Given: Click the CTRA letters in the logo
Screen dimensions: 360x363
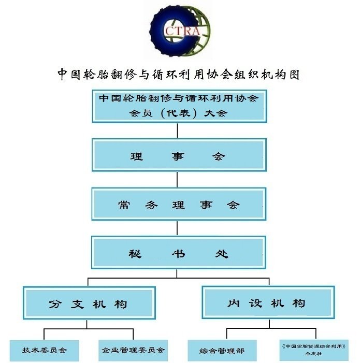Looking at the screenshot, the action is pos(182,31).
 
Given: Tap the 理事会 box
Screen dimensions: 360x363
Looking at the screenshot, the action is pos(179,155).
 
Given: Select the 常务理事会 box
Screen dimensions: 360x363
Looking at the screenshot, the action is pos(179,204).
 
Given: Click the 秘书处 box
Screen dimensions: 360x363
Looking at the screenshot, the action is pos(179,253).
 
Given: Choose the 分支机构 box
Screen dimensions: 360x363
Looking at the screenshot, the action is pos(89,303).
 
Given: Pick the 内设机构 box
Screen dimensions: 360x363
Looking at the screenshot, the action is pos(268,302).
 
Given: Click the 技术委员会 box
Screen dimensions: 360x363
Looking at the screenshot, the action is pos(44,350).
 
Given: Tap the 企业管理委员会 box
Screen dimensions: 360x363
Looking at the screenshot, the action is pos(133,350).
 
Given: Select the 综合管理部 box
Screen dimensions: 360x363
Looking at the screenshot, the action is pos(222,351).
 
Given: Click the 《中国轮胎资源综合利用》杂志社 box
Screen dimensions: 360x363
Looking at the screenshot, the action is pos(314,350).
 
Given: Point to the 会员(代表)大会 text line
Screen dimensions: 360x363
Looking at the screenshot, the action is pos(178,113).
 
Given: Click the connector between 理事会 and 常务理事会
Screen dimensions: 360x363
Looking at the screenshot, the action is pos(177,179).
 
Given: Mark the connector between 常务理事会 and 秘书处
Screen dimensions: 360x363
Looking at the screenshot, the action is pos(177,228).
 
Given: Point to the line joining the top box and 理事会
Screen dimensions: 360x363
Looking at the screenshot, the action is pos(177,130).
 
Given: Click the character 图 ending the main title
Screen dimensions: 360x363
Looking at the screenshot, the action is pos(294,75).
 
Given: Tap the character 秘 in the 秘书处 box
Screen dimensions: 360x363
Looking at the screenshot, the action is pos(135,254).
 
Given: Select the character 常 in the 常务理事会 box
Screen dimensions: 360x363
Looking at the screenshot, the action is pos(124,205).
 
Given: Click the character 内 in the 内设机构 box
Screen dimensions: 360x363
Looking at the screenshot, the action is pos(234,303).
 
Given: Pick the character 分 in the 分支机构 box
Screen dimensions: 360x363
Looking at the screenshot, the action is pos(55,304).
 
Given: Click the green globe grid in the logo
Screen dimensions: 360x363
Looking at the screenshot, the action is pos(199,33).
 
